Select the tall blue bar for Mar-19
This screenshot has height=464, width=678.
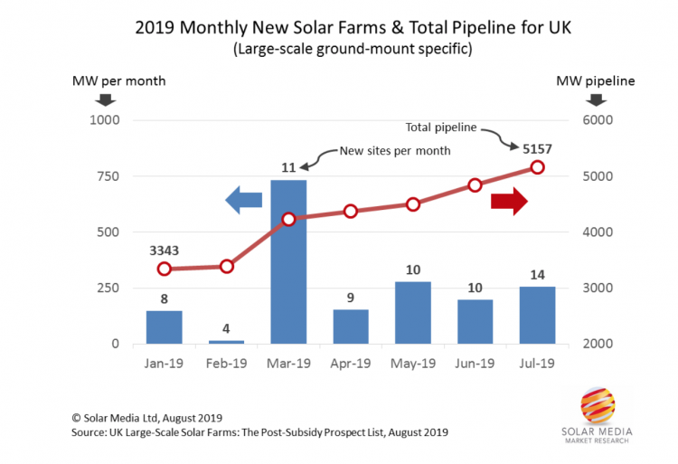(288, 262)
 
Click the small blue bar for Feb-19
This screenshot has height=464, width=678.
(226, 341)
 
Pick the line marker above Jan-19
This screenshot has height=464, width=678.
(164, 269)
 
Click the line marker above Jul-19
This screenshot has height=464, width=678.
(537, 167)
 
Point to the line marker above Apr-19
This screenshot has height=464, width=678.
(351, 211)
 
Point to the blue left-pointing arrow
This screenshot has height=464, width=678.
(243, 201)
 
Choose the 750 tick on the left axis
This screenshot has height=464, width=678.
(106, 176)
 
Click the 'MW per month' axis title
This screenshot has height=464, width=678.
(118, 80)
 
